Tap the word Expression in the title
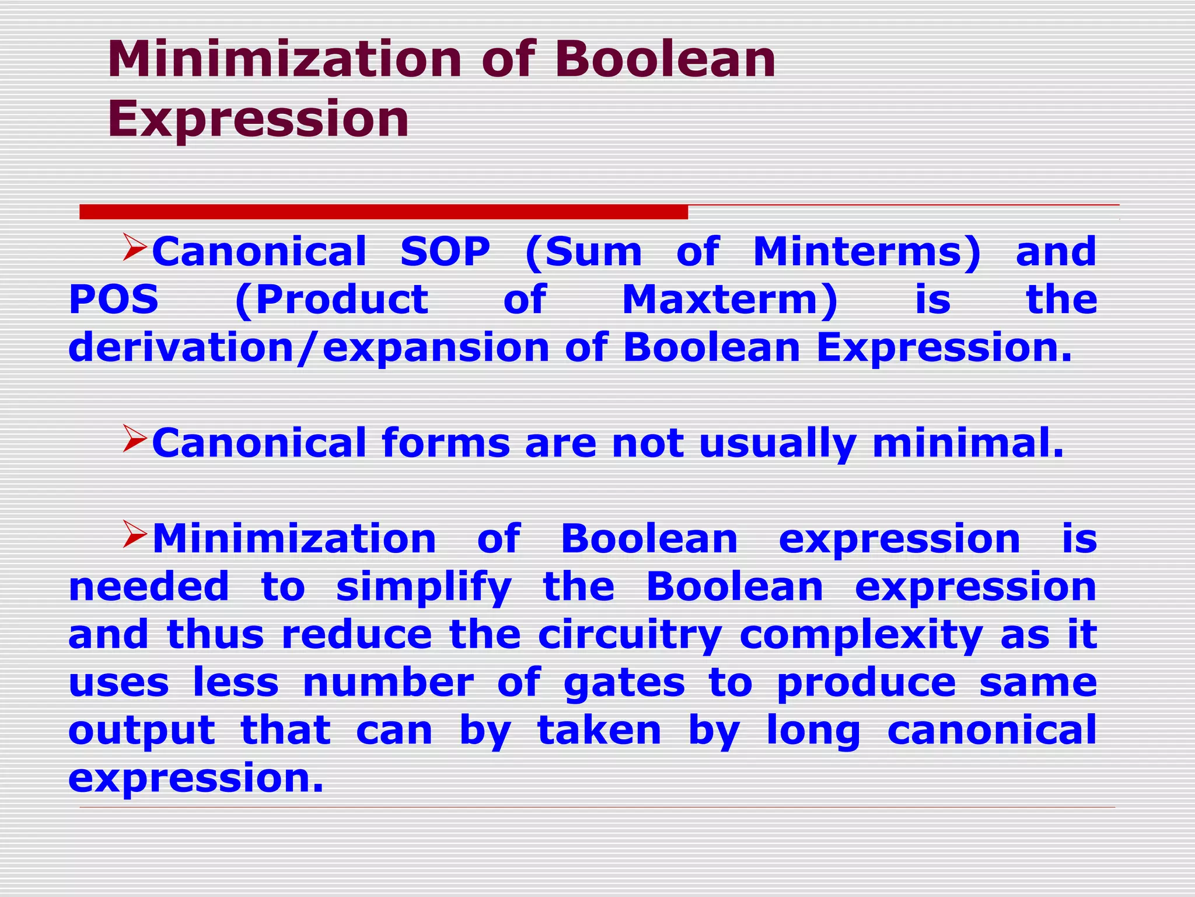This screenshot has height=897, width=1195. point(258,119)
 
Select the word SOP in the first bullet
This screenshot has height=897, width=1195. point(445,252)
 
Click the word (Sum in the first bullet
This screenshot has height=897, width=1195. point(583,252)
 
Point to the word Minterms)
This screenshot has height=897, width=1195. point(867,252)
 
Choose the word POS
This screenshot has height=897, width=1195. point(114,300)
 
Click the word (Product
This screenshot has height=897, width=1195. point(331,301)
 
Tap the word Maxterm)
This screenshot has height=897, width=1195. point(730,300)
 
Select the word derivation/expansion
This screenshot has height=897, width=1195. point(309,348)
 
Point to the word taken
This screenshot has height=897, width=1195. point(599,731)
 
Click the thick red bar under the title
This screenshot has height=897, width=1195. point(383,212)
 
